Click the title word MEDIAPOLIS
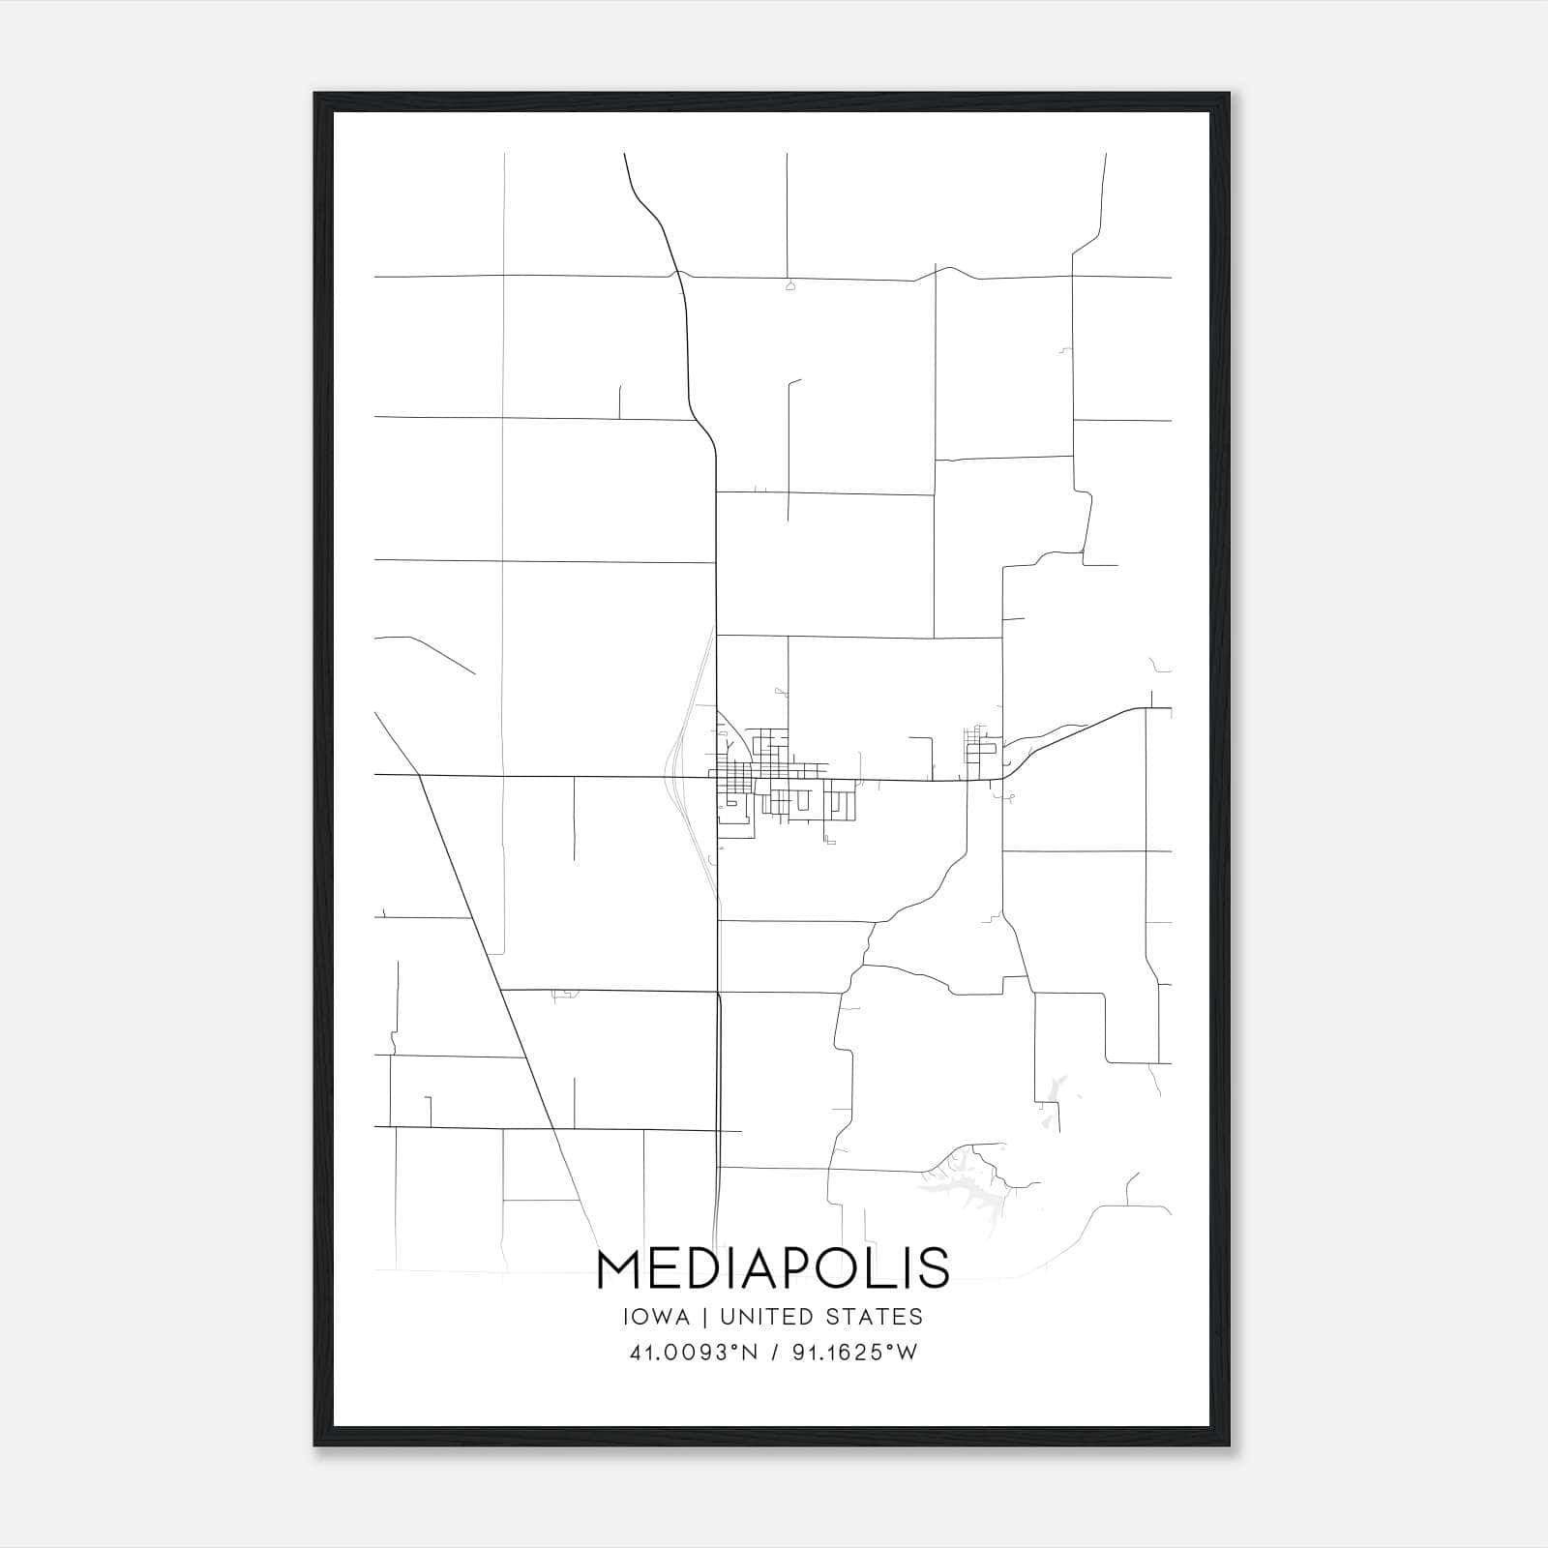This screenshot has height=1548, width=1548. point(773,1268)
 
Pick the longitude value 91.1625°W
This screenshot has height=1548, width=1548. point(854,1353)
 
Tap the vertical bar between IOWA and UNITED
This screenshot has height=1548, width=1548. point(705,1317)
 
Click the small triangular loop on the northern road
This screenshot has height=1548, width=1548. point(790,285)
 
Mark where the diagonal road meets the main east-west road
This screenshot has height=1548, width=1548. point(420,775)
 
